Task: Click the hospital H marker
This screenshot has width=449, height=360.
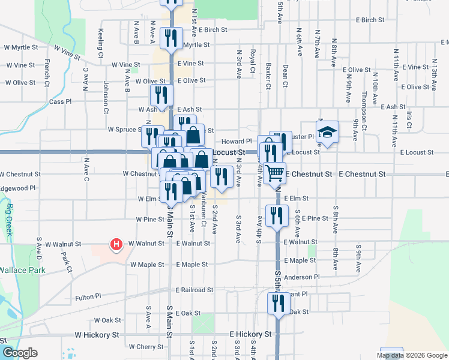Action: (116, 245)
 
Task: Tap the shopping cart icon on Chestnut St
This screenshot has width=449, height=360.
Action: (274, 172)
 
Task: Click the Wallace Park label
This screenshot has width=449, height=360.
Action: (23, 271)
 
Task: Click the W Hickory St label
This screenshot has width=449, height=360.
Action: (97, 334)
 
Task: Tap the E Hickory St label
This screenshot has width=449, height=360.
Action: (252, 334)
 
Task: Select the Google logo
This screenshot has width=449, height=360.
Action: (19, 352)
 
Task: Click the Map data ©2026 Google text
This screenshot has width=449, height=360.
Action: (411, 355)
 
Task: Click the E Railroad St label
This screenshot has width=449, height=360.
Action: (194, 290)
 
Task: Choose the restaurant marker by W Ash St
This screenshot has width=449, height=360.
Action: (161, 94)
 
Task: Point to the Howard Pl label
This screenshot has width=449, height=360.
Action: (231, 141)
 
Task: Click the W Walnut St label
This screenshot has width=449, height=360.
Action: (145, 244)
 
